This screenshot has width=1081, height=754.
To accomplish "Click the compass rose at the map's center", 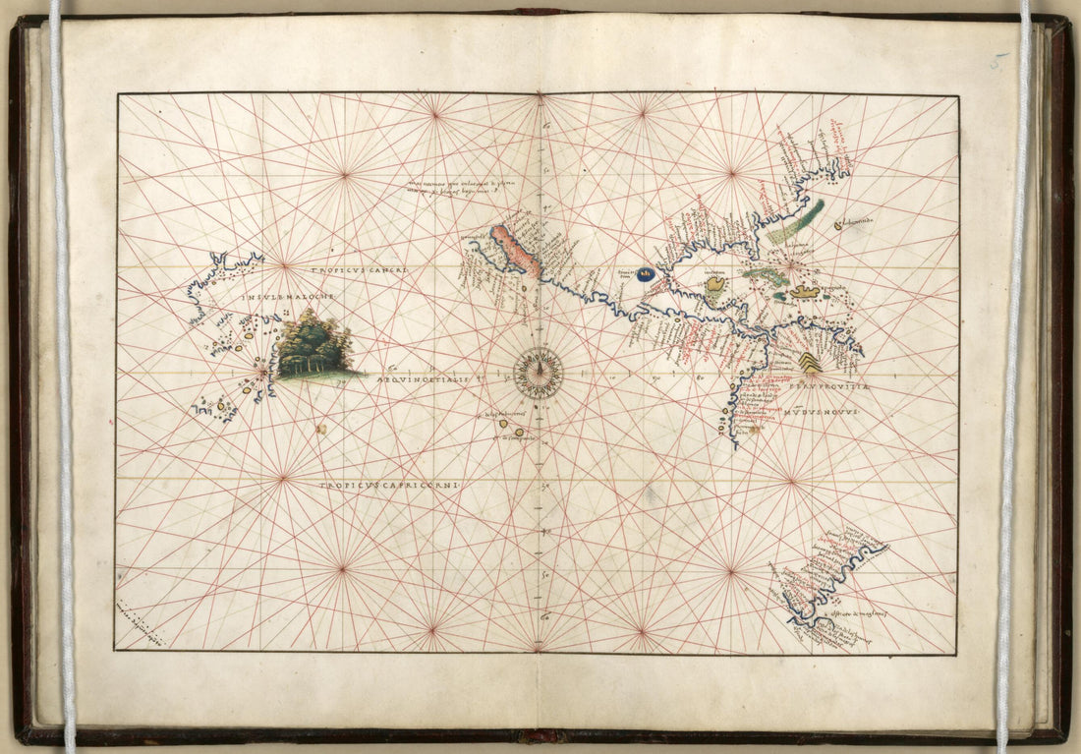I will (539, 374).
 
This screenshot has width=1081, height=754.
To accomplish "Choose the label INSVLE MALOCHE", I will (292, 295).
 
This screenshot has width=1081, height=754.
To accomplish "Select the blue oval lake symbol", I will (646, 274).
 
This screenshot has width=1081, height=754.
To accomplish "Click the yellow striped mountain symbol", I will (809, 363).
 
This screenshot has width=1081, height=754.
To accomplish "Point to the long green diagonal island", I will (797, 222).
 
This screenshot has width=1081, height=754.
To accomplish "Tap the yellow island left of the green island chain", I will (715, 285).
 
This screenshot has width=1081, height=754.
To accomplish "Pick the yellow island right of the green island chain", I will (805, 292).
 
